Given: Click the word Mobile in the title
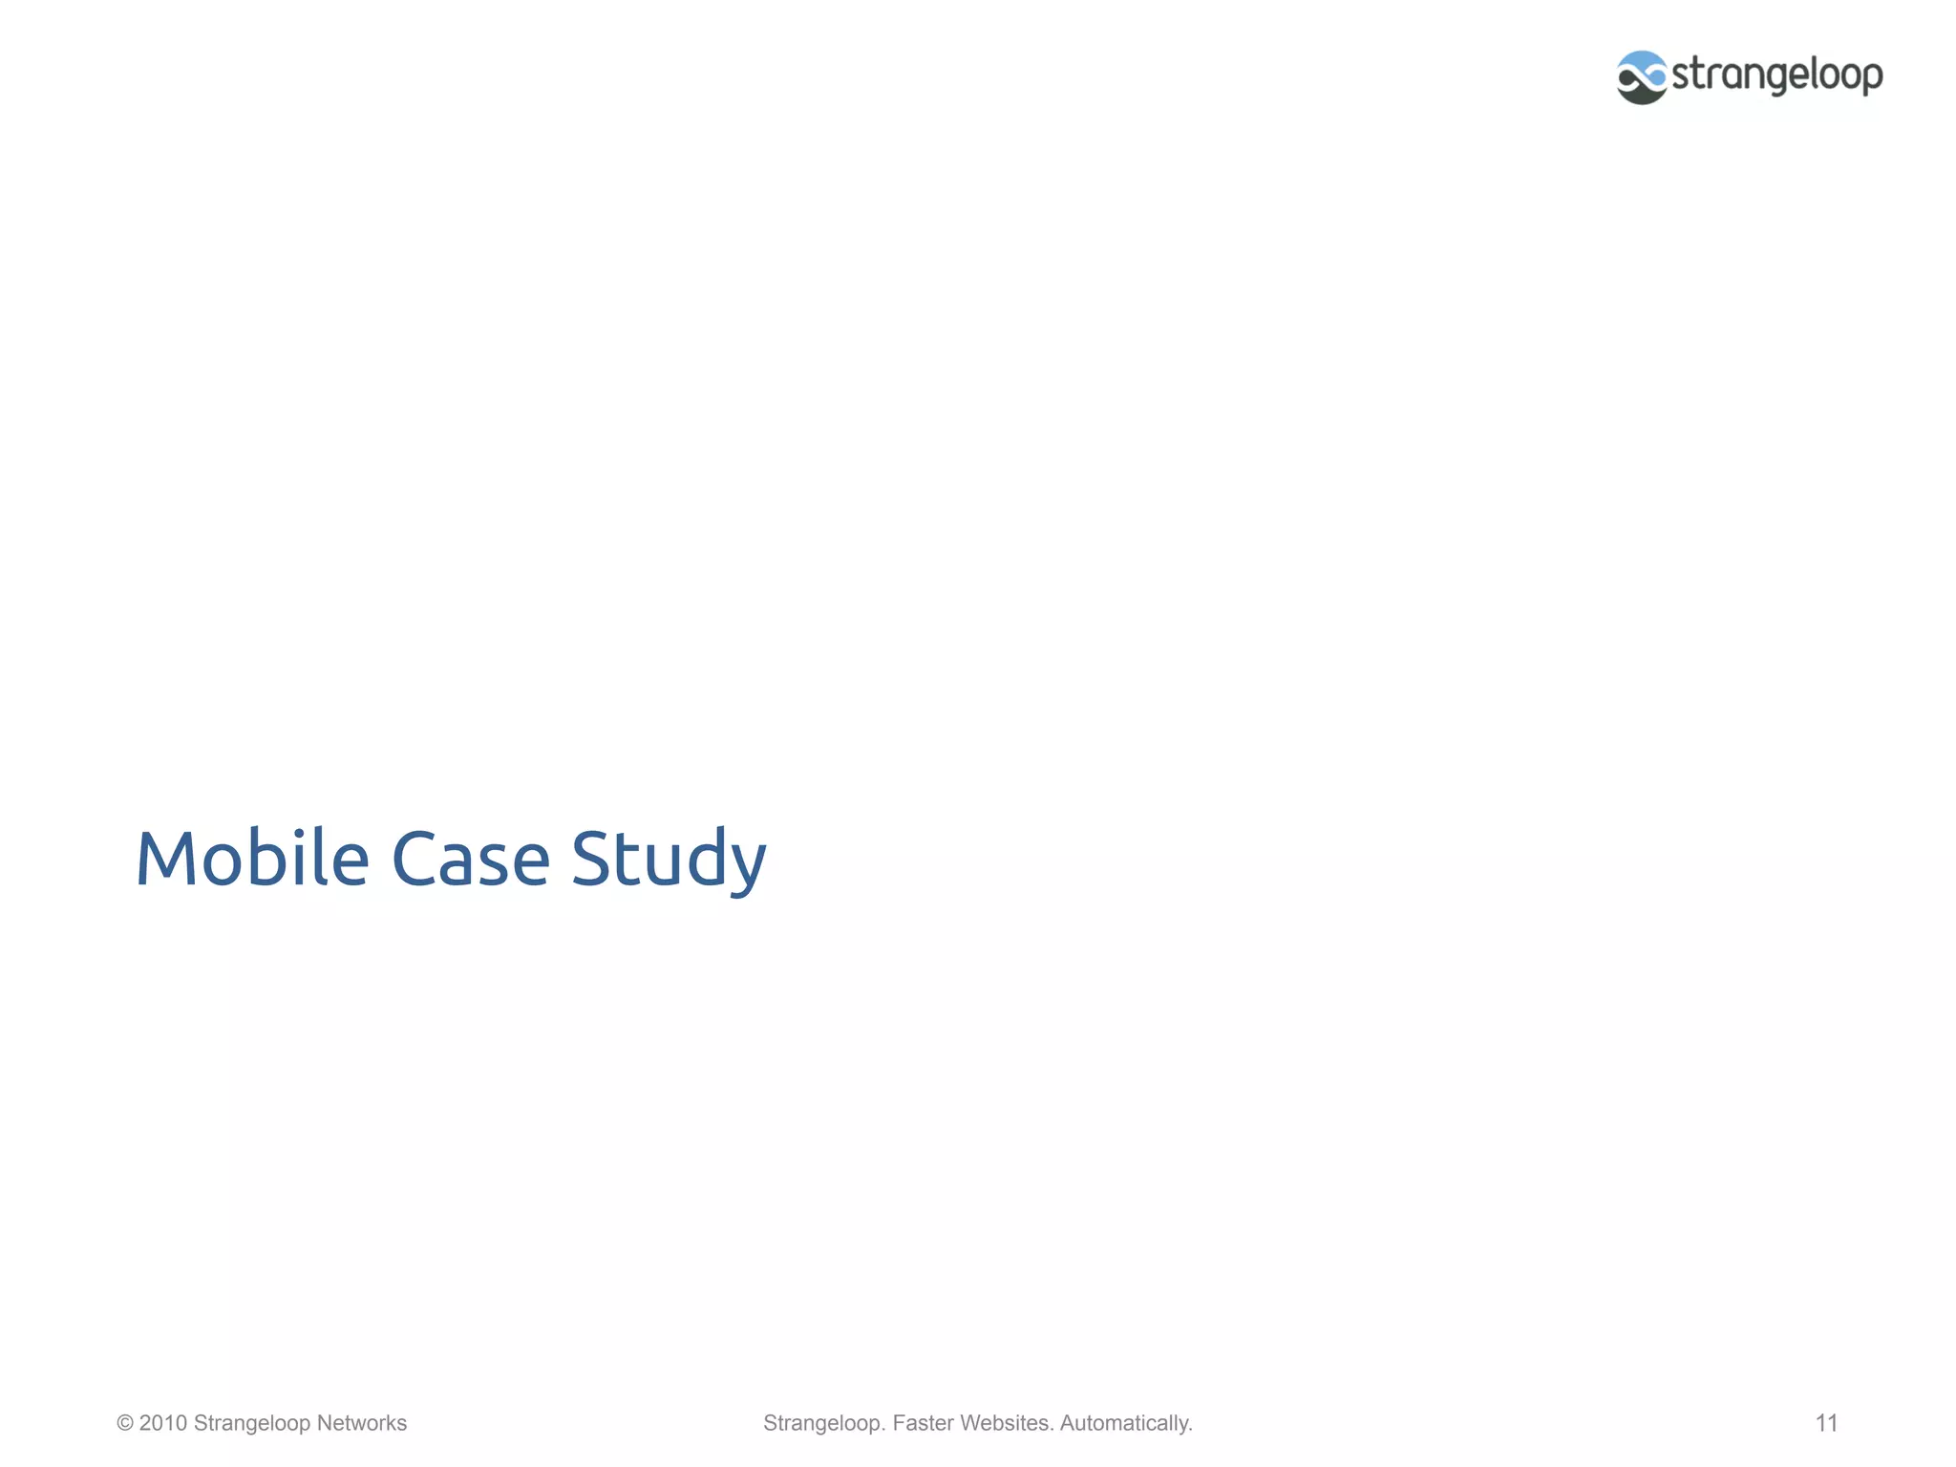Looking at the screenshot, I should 252,858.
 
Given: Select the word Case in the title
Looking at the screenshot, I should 470,858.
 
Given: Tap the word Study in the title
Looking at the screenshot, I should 669,858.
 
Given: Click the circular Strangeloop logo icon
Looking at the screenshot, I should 1642,77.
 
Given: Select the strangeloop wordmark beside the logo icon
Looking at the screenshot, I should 1777,75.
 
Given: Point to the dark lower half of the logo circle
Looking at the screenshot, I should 1642,94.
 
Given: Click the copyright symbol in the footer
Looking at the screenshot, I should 124,1423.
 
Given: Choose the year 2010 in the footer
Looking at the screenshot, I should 163,1423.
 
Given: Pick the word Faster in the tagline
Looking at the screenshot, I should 923,1423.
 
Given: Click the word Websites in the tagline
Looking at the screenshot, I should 1007,1423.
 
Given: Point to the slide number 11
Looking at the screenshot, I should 1826,1423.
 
